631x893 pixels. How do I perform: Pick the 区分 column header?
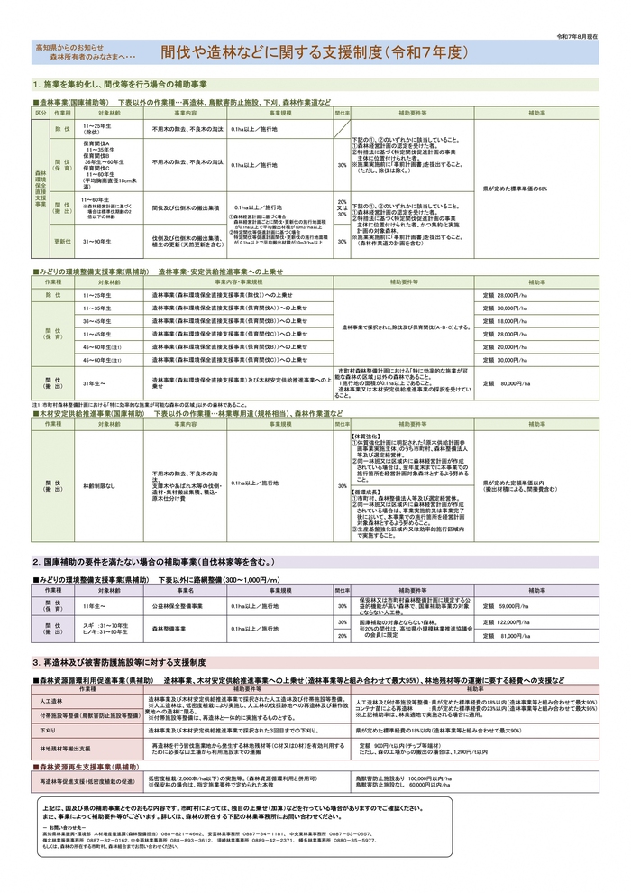[x=40, y=114]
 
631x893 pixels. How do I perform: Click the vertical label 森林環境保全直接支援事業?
[x=40, y=189]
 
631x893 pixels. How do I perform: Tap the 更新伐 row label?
[x=63, y=242]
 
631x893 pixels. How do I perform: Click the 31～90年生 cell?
[x=96, y=242]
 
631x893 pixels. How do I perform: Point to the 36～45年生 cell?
[x=97, y=321]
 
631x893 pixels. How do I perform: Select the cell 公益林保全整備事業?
[x=177, y=606]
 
